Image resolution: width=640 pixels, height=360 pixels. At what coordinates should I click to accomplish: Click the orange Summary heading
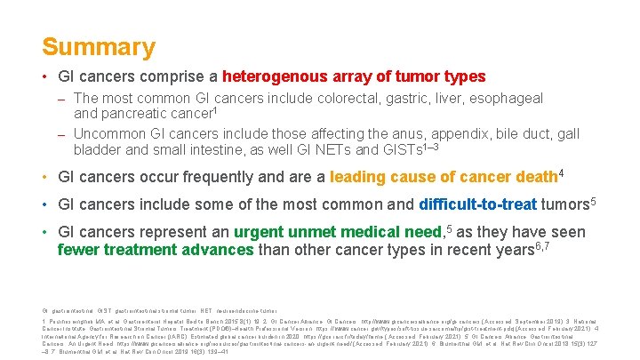click(98, 46)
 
